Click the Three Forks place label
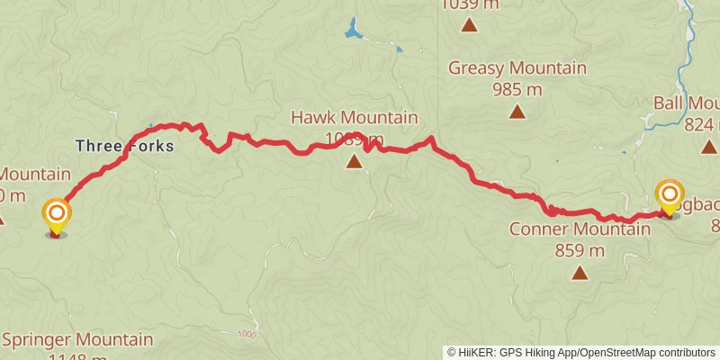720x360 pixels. tap(123, 145)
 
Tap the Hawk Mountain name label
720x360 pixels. tap(354, 118)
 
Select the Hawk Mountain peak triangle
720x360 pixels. tap(354, 162)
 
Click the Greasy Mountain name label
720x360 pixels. tap(517, 68)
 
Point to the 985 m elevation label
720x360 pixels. tap(517, 89)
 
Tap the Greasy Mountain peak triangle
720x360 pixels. tap(517, 112)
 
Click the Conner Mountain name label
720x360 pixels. tap(580, 229)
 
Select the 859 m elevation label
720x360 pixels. tap(580, 250)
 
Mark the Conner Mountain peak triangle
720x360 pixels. tap(580, 273)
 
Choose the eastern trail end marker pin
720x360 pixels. tap(669, 197)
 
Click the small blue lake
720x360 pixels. tap(353, 31)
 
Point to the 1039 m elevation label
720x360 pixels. tap(469, 4)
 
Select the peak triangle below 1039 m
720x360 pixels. tap(469, 24)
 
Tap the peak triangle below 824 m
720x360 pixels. tap(709, 147)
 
